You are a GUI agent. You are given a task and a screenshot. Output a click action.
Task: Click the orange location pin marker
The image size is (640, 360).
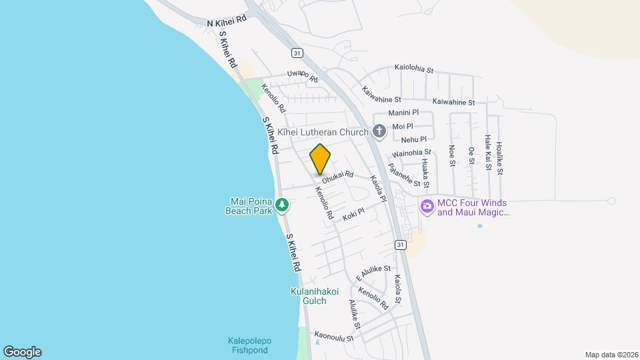pos(321,159)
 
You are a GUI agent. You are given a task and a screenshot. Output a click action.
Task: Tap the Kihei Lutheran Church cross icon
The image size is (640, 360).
pos(379,131)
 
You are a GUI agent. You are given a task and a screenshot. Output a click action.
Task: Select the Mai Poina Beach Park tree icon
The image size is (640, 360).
pos(283,204)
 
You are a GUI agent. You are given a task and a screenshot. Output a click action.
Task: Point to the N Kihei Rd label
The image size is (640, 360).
pos(227,21)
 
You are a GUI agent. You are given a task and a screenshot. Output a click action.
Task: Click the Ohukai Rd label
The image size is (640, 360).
pos(337,177)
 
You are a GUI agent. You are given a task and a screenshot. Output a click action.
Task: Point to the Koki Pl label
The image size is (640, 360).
pos(353,215)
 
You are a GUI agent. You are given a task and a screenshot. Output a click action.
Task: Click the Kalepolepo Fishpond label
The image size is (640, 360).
pos(247,345)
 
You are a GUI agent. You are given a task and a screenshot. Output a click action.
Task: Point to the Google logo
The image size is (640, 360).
pos(22,351)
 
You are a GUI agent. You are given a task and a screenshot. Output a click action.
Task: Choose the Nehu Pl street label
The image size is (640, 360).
pos(413,139)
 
